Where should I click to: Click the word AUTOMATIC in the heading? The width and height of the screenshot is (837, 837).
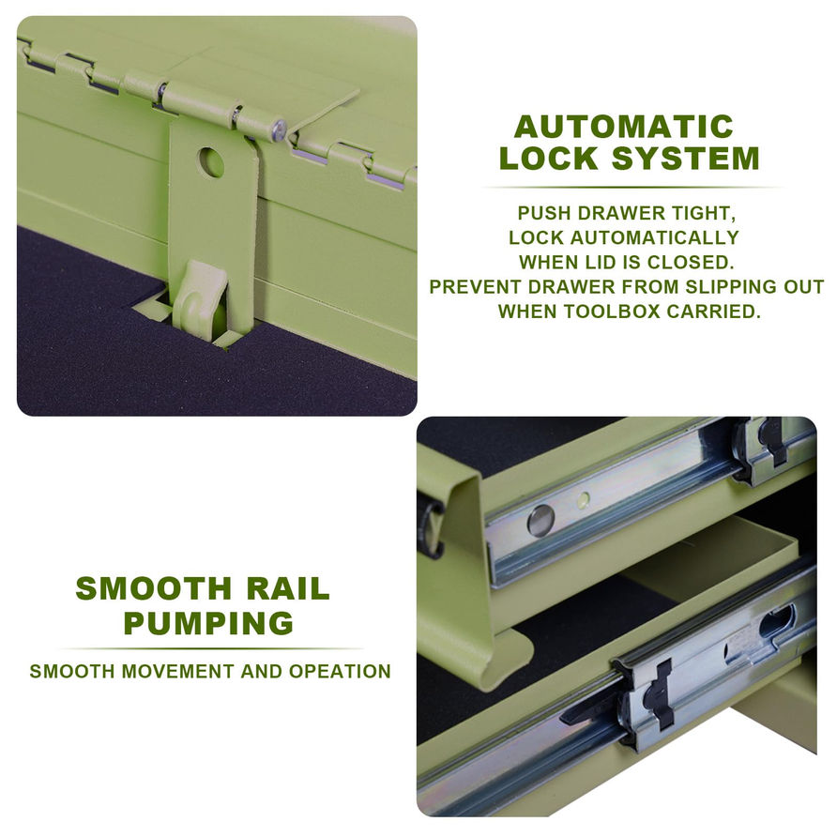[x=623, y=127]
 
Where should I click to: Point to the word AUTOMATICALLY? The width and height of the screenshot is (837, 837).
[x=654, y=237]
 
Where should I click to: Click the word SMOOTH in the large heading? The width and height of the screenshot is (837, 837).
[x=152, y=588]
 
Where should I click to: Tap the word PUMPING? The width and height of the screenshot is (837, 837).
[x=208, y=622]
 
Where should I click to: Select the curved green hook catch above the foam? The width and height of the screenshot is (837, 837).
[x=200, y=295]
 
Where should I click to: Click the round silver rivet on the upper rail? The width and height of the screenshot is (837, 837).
[x=540, y=520]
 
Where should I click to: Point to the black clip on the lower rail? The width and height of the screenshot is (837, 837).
[x=657, y=694]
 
